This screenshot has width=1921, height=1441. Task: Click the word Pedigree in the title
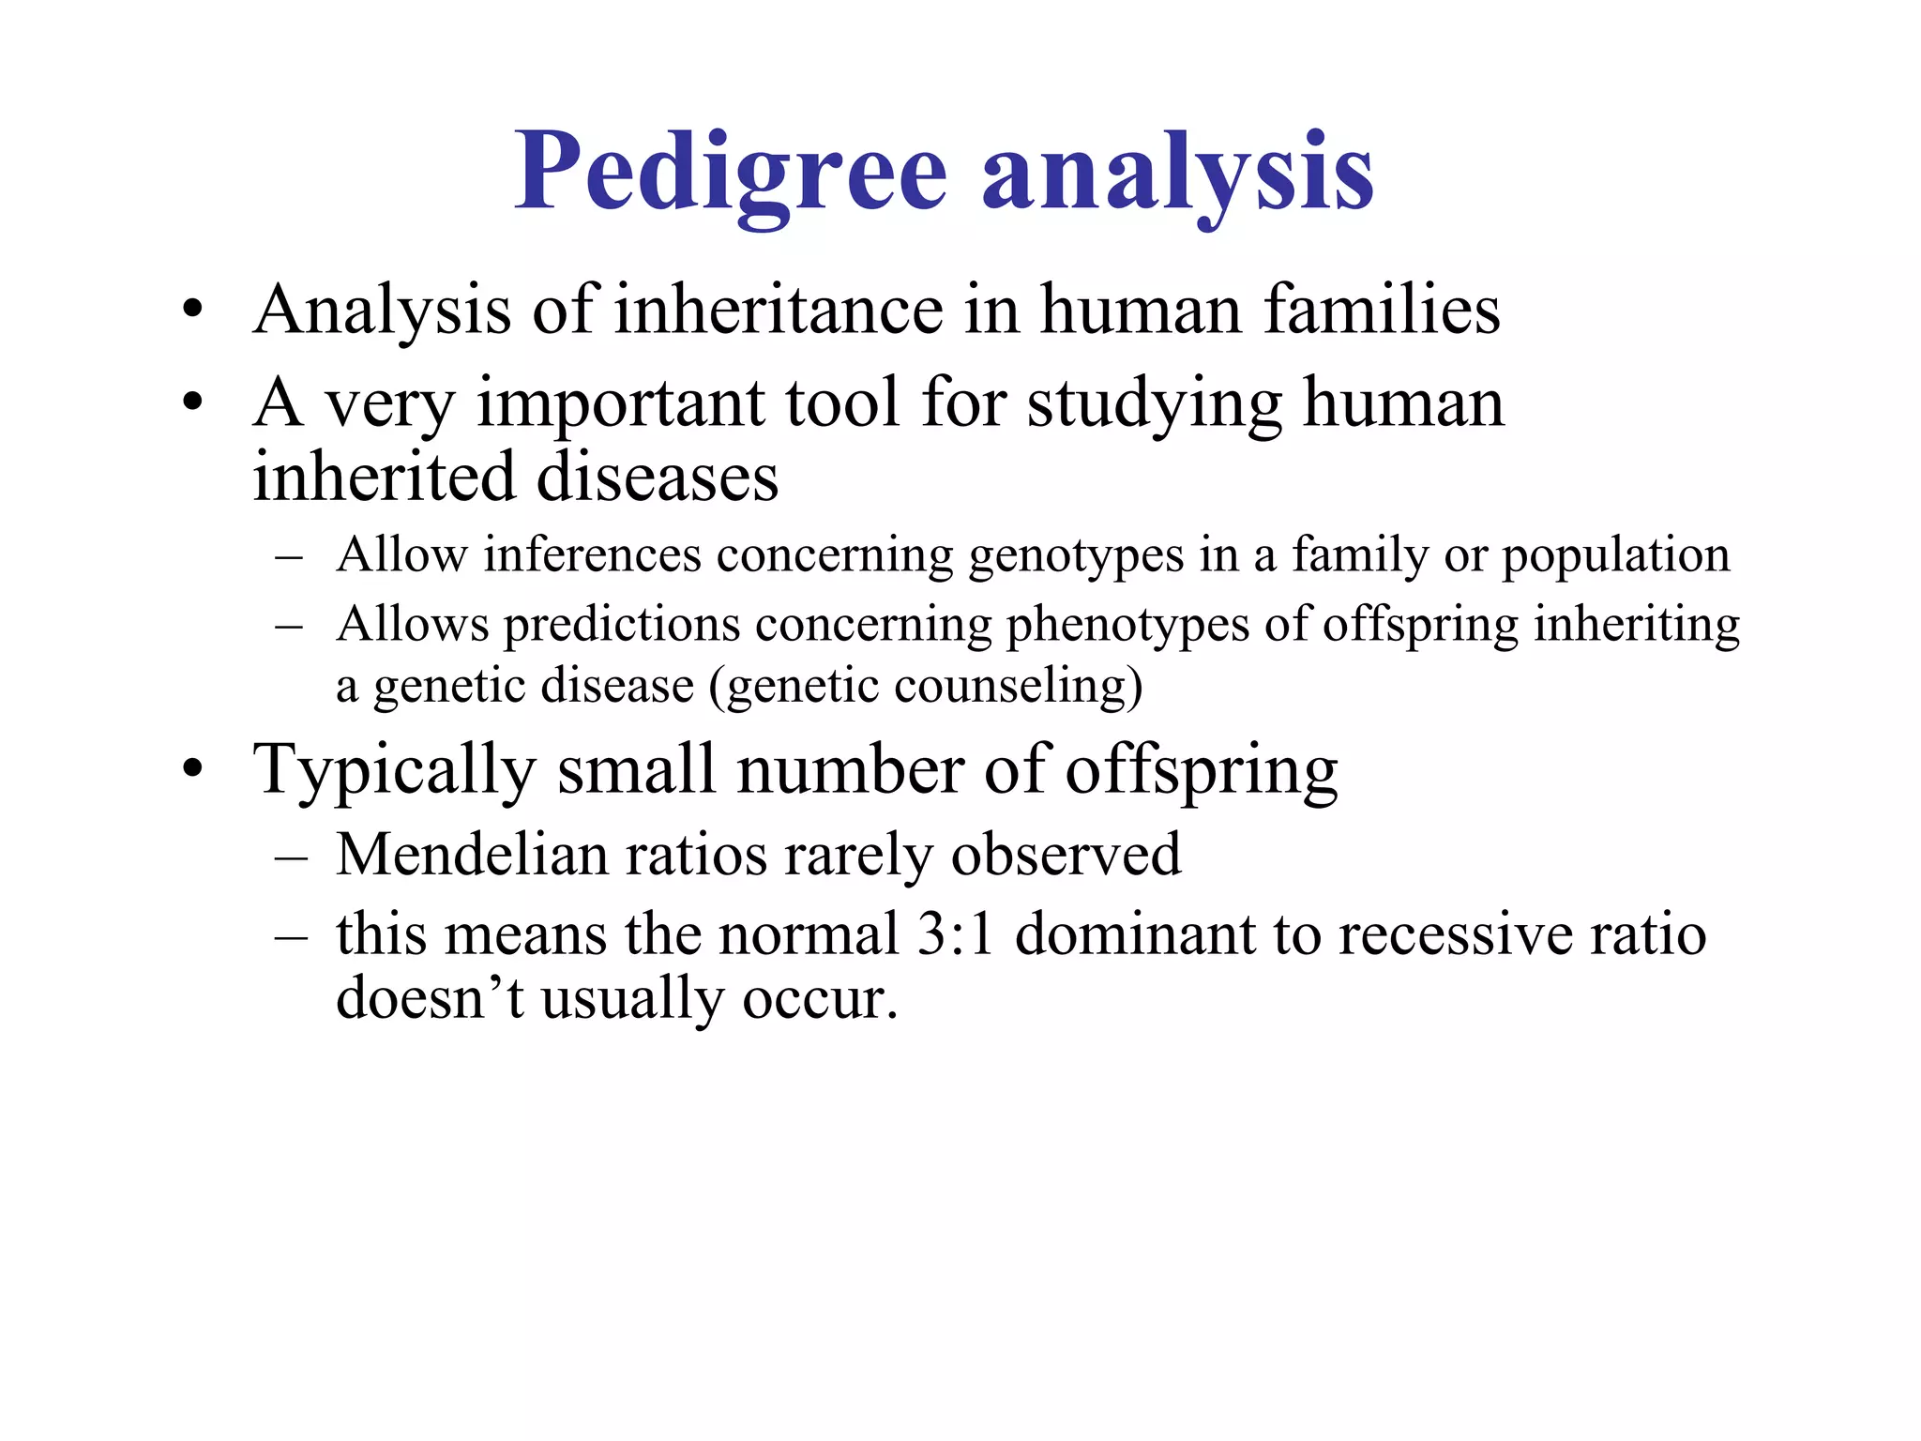coord(731,174)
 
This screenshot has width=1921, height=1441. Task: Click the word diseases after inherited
coord(657,477)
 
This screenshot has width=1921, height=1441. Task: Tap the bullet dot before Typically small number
coord(193,769)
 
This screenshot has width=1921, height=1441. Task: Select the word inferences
coord(592,555)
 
